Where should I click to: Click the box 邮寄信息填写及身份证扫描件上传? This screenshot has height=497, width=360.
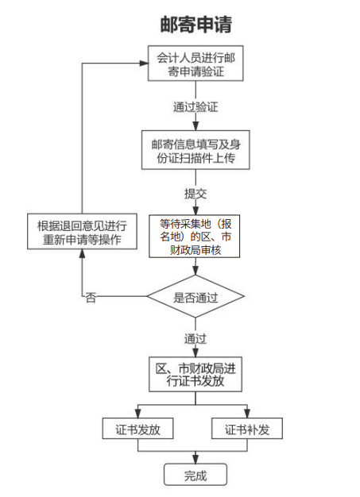pos(195,150)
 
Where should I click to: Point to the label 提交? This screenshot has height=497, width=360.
pos(195,193)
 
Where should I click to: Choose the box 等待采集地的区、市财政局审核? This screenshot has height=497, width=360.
pos(195,237)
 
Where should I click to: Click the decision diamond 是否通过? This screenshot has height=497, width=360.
pos(195,297)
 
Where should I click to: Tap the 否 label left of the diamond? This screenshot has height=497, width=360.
pos(91,297)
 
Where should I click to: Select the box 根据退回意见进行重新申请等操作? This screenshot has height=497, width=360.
pos(83,233)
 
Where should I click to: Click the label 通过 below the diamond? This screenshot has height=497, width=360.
pos(195,337)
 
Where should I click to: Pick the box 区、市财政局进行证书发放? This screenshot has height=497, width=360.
pos(195,375)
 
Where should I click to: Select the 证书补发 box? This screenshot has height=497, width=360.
pos(248,430)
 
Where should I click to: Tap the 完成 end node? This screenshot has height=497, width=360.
pos(195,476)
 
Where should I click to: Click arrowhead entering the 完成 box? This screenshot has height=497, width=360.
pos(195,460)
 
